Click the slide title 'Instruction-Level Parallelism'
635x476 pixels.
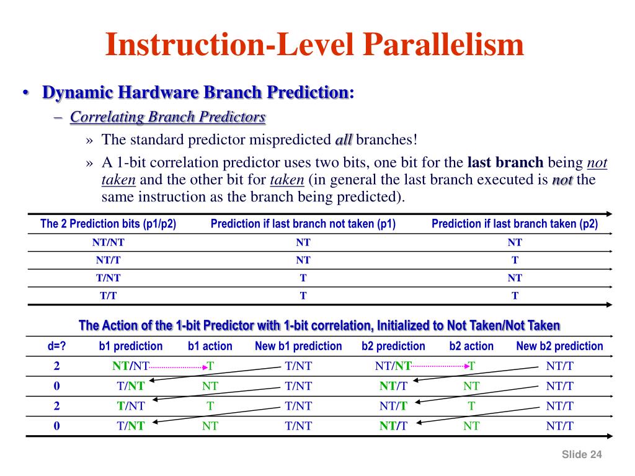coord(314,45)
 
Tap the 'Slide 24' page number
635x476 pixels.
coord(582,455)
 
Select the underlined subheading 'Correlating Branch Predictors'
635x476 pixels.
coord(167,117)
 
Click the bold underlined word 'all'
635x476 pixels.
coord(344,139)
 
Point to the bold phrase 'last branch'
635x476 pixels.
coord(505,163)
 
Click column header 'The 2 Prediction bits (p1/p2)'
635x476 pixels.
coord(109,224)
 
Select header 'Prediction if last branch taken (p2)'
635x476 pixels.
coord(515,224)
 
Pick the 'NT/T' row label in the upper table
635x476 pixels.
coord(109,260)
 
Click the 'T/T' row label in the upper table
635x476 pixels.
coord(109,296)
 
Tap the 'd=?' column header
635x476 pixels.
coord(57,346)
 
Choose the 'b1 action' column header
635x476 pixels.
coord(210,346)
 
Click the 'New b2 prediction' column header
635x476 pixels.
coord(559,346)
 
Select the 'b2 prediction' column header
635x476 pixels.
coord(393,346)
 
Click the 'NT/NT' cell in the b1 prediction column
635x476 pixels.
coord(131,366)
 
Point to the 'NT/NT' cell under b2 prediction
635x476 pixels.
coord(393,366)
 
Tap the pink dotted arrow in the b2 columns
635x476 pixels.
coord(440,366)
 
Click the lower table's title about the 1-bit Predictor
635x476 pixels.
coord(319,325)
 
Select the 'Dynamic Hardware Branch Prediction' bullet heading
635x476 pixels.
coord(195,93)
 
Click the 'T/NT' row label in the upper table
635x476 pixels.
coord(109,278)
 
